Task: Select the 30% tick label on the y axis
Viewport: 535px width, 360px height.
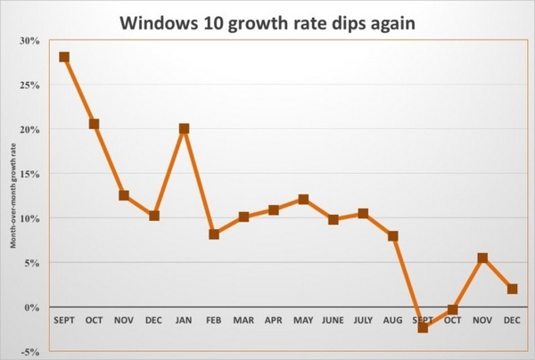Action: [x=29, y=40]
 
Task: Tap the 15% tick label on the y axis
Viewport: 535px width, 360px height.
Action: [x=29, y=174]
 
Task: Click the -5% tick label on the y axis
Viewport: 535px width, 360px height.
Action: [x=29, y=352]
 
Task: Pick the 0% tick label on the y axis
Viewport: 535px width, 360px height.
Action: [x=32, y=307]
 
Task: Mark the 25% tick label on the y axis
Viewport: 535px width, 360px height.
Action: [x=29, y=85]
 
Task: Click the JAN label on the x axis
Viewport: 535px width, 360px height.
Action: [x=184, y=319]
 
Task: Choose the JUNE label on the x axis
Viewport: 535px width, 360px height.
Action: [x=333, y=319]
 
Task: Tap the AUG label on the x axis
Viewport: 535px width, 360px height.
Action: [x=392, y=319]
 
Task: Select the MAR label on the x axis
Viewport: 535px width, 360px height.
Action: [x=243, y=319]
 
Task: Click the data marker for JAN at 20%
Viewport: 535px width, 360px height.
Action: [x=184, y=128]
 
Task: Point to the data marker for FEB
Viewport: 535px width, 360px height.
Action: [x=214, y=234]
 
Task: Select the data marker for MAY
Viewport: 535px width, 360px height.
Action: [x=303, y=200]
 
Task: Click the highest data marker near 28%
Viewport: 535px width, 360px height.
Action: [x=64, y=57]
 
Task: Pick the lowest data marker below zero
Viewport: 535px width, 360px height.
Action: [x=423, y=328]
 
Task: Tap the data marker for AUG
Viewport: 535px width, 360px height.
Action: [x=392, y=236]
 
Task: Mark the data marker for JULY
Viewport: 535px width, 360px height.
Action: [x=363, y=214]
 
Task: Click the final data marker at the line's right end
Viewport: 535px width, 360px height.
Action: [x=512, y=289]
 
